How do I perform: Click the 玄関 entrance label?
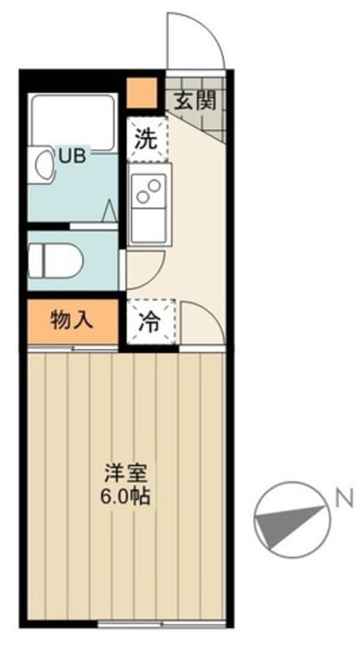(x=194, y=101)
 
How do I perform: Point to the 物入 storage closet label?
(x=72, y=320)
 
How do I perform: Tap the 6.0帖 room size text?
(x=125, y=498)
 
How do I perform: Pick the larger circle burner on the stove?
(x=144, y=196)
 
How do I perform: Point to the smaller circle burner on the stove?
(x=154, y=184)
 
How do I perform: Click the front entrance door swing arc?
(x=195, y=41)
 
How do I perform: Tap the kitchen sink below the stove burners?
(x=147, y=224)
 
